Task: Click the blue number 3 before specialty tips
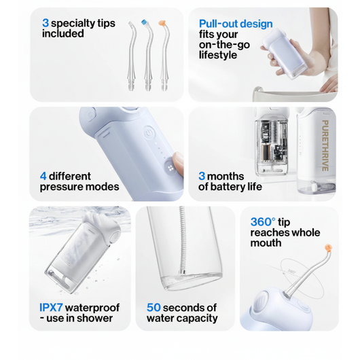(46, 22)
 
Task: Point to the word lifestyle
(218, 55)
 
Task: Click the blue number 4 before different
(43, 176)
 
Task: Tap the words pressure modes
(79, 187)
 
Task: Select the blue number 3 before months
(202, 176)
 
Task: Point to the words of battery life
(230, 187)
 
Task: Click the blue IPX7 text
(54, 308)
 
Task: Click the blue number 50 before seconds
(154, 308)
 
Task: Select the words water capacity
(182, 319)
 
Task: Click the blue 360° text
(264, 221)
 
